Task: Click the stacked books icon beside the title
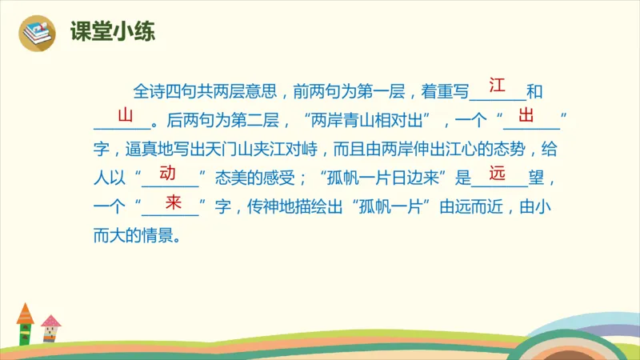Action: tap(37, 33)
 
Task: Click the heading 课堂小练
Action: tap(112, 32)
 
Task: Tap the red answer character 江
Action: tap(497, 85)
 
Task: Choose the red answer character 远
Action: tap(498, 173)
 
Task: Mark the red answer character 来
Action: tap(172, 202)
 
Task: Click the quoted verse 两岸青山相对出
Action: tap(370, 122)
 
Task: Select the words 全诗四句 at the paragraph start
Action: tap(158, 93)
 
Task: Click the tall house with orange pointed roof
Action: tap(25, 324)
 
